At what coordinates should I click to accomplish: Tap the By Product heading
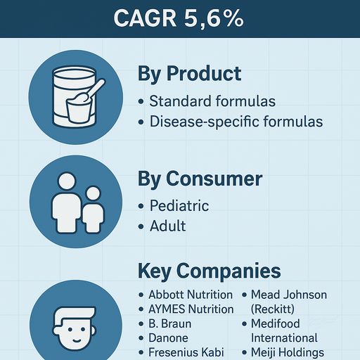click(x=190, y=74)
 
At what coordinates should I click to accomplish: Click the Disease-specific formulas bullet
click(x=236, y=122)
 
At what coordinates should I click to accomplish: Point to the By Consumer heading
click(x=200, y=179)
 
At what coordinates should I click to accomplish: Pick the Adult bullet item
click(x=168, y=226)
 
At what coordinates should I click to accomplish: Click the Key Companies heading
click(x=209, y=271)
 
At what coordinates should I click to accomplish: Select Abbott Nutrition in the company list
click(x=190, y=295)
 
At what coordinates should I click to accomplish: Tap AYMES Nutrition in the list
click(x=191, y=309)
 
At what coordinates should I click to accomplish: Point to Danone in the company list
click(x=169, y=338)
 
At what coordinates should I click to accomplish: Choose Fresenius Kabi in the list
click(x=186, y=352)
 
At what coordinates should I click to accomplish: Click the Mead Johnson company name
click(x=288, y=295)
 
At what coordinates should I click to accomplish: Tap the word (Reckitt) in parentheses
click(x=275, y=309)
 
